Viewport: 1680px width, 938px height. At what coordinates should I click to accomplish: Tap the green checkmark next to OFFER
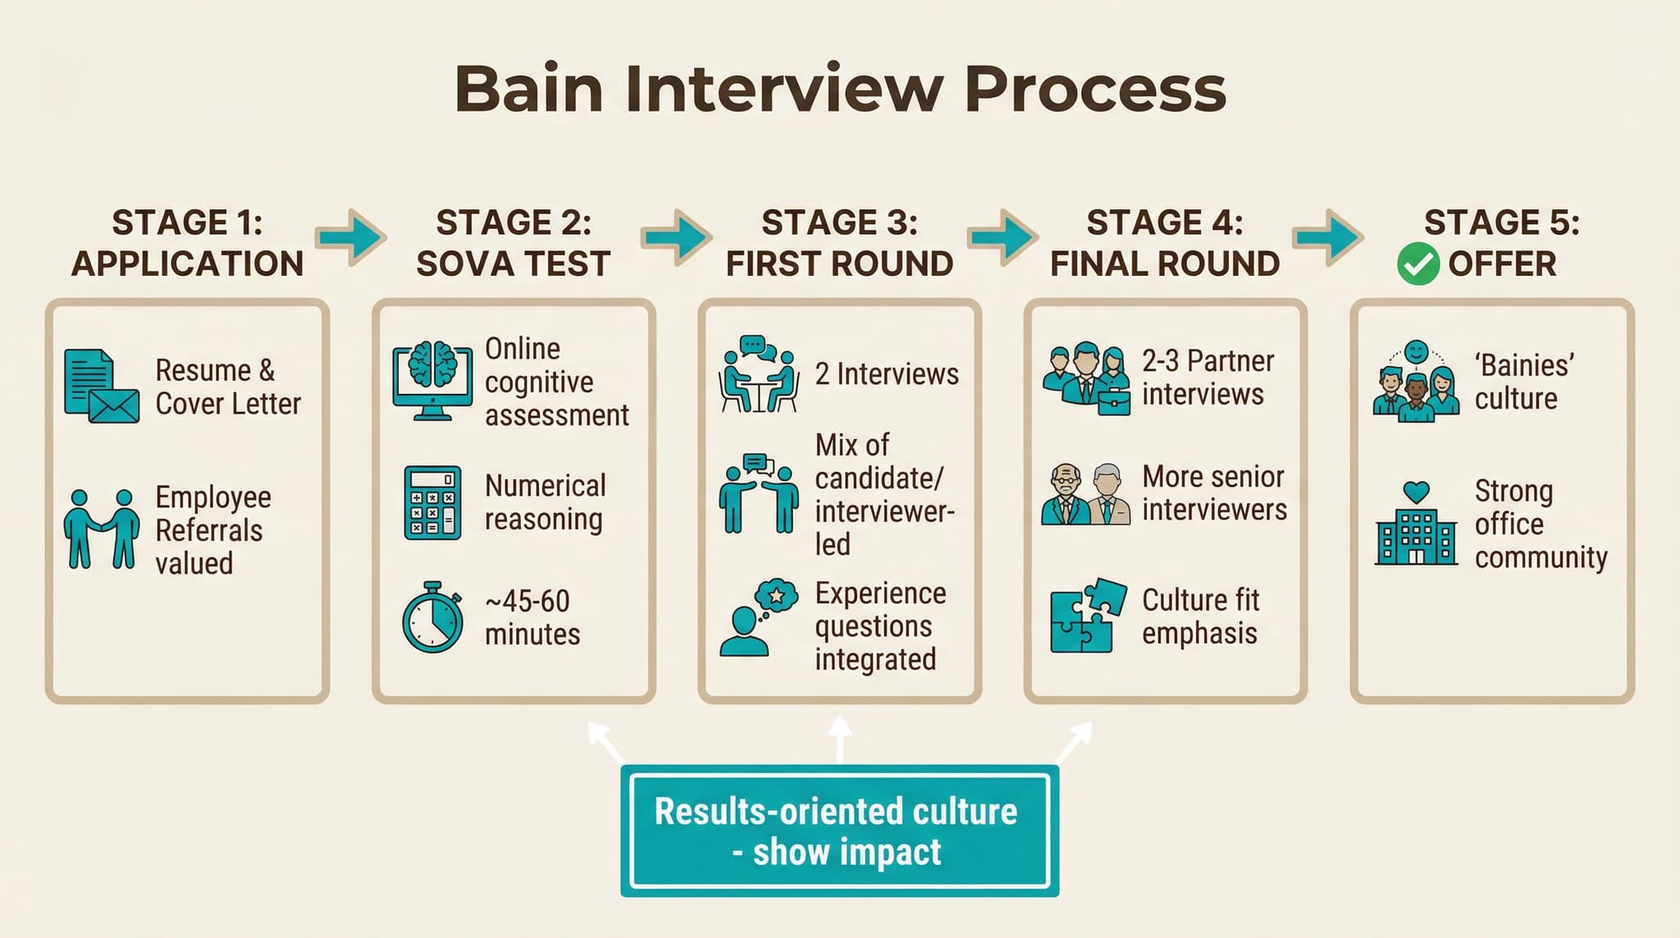[x=1417, y=264]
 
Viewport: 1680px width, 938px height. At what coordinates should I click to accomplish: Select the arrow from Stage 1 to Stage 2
[x=351, y=238]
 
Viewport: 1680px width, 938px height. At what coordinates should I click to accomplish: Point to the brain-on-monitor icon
[x=432, y=381]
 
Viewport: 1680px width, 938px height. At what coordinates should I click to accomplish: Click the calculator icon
[x=432, y=502]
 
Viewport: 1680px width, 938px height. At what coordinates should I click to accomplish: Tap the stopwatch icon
[x=432, y=618]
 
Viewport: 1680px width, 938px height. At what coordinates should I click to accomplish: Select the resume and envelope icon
[x=101, y=387]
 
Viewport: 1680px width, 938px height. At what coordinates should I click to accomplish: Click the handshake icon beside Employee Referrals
[x=101, y=529]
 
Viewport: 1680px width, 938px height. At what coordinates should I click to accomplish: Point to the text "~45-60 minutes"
[x=532, y=617]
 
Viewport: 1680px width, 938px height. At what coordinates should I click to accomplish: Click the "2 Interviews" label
[x=887, y=374]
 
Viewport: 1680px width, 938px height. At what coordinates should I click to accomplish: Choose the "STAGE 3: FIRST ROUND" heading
[x=839, y=243]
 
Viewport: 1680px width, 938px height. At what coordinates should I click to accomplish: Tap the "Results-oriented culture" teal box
[x=839, y=830]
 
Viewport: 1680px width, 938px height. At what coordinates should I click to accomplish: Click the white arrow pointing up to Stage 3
[x=839, y=738]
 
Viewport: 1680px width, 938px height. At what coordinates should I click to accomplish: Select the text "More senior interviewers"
[x=1214, y=492]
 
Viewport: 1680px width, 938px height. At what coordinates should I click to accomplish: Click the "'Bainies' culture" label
[x=1523, y=382]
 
